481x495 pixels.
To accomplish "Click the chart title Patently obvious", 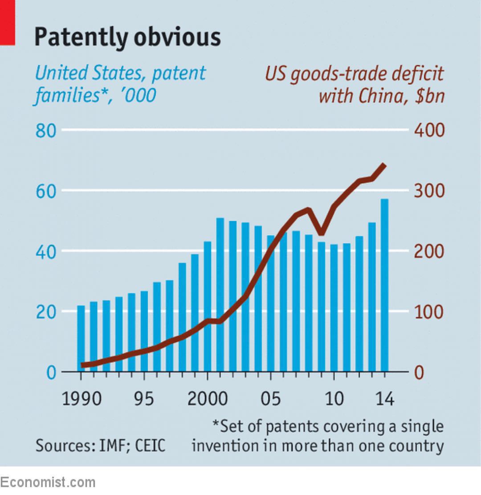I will click(x=127, y=37).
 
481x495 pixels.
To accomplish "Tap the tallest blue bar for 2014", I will click(x=384, y=285).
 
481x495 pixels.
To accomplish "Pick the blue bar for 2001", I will click(x=220, y=294).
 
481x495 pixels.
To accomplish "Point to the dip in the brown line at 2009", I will click(x=321, y=233).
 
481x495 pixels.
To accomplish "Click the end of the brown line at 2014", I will click(x=384, y=165).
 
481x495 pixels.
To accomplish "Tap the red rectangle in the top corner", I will click(x=7, y=22).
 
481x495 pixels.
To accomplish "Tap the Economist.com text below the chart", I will click(x=48, y=482).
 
